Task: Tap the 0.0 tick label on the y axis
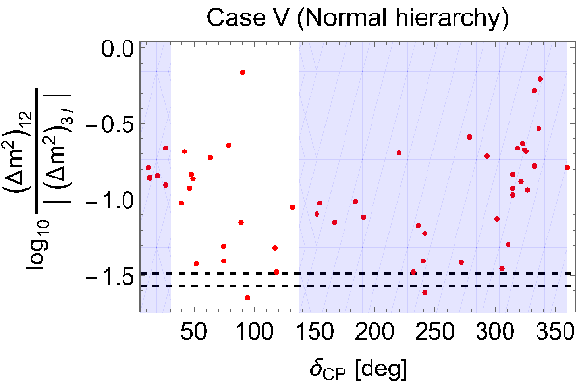point(118,48)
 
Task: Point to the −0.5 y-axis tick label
point(109,125)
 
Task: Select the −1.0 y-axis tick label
point(109,203)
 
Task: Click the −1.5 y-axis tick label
point(109,279)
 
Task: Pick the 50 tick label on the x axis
point(194,331)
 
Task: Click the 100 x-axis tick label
point(254,331)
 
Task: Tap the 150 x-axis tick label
point(315,331)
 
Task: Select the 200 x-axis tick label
point(375,331)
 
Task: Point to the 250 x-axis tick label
point(435,331)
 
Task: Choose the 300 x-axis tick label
point(496,331)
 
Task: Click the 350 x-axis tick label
point(556,331)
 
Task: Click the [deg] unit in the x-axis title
point(382,369)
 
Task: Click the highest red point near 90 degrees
point(242,72)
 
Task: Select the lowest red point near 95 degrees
point(247,298)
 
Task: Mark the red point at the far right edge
point(567,167)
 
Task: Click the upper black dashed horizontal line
point(357,274)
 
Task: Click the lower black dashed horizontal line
point(357,286)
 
